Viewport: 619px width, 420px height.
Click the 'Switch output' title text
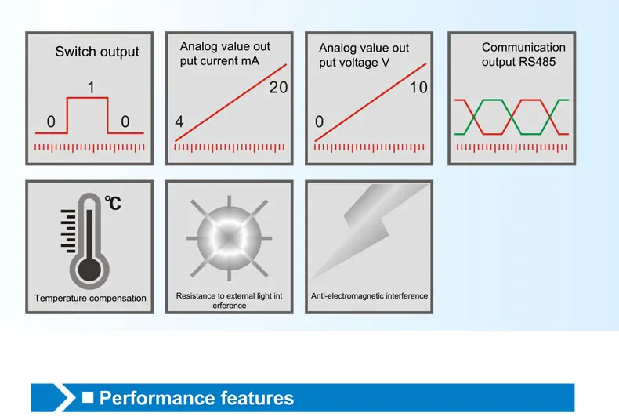(x=97, y=52)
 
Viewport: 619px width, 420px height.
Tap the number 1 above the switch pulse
(x=92, y=88)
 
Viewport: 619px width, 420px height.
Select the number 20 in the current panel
(x=278, y=88)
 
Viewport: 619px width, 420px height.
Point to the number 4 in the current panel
(x=179, y=122)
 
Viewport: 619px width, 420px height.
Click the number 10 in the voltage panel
(x=418, y=88)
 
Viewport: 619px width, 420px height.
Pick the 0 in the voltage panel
(x=319, y=122)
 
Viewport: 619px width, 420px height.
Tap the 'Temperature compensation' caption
(x=90, y=299)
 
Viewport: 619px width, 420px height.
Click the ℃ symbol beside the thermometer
(x=114, y=204)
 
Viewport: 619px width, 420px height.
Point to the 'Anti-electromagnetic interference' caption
(x=369, y=296)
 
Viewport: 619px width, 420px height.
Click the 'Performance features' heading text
(x=197, y=398)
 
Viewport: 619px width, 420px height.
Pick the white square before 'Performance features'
(x=88, y=397)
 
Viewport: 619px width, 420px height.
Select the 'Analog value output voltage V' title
(x=364, y=55)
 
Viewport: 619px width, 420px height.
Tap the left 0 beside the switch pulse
(x=51, y=122)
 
